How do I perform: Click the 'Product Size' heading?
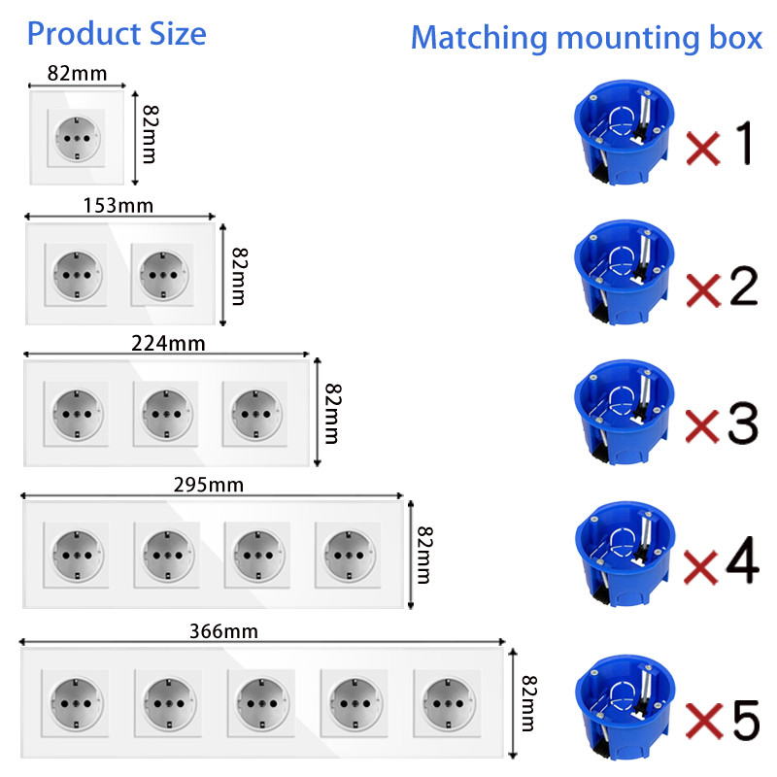coord(117,34)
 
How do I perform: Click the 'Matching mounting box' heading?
coord(586,38)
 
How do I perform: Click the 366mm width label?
coord(227,631)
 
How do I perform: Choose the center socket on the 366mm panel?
coord(258,695)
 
